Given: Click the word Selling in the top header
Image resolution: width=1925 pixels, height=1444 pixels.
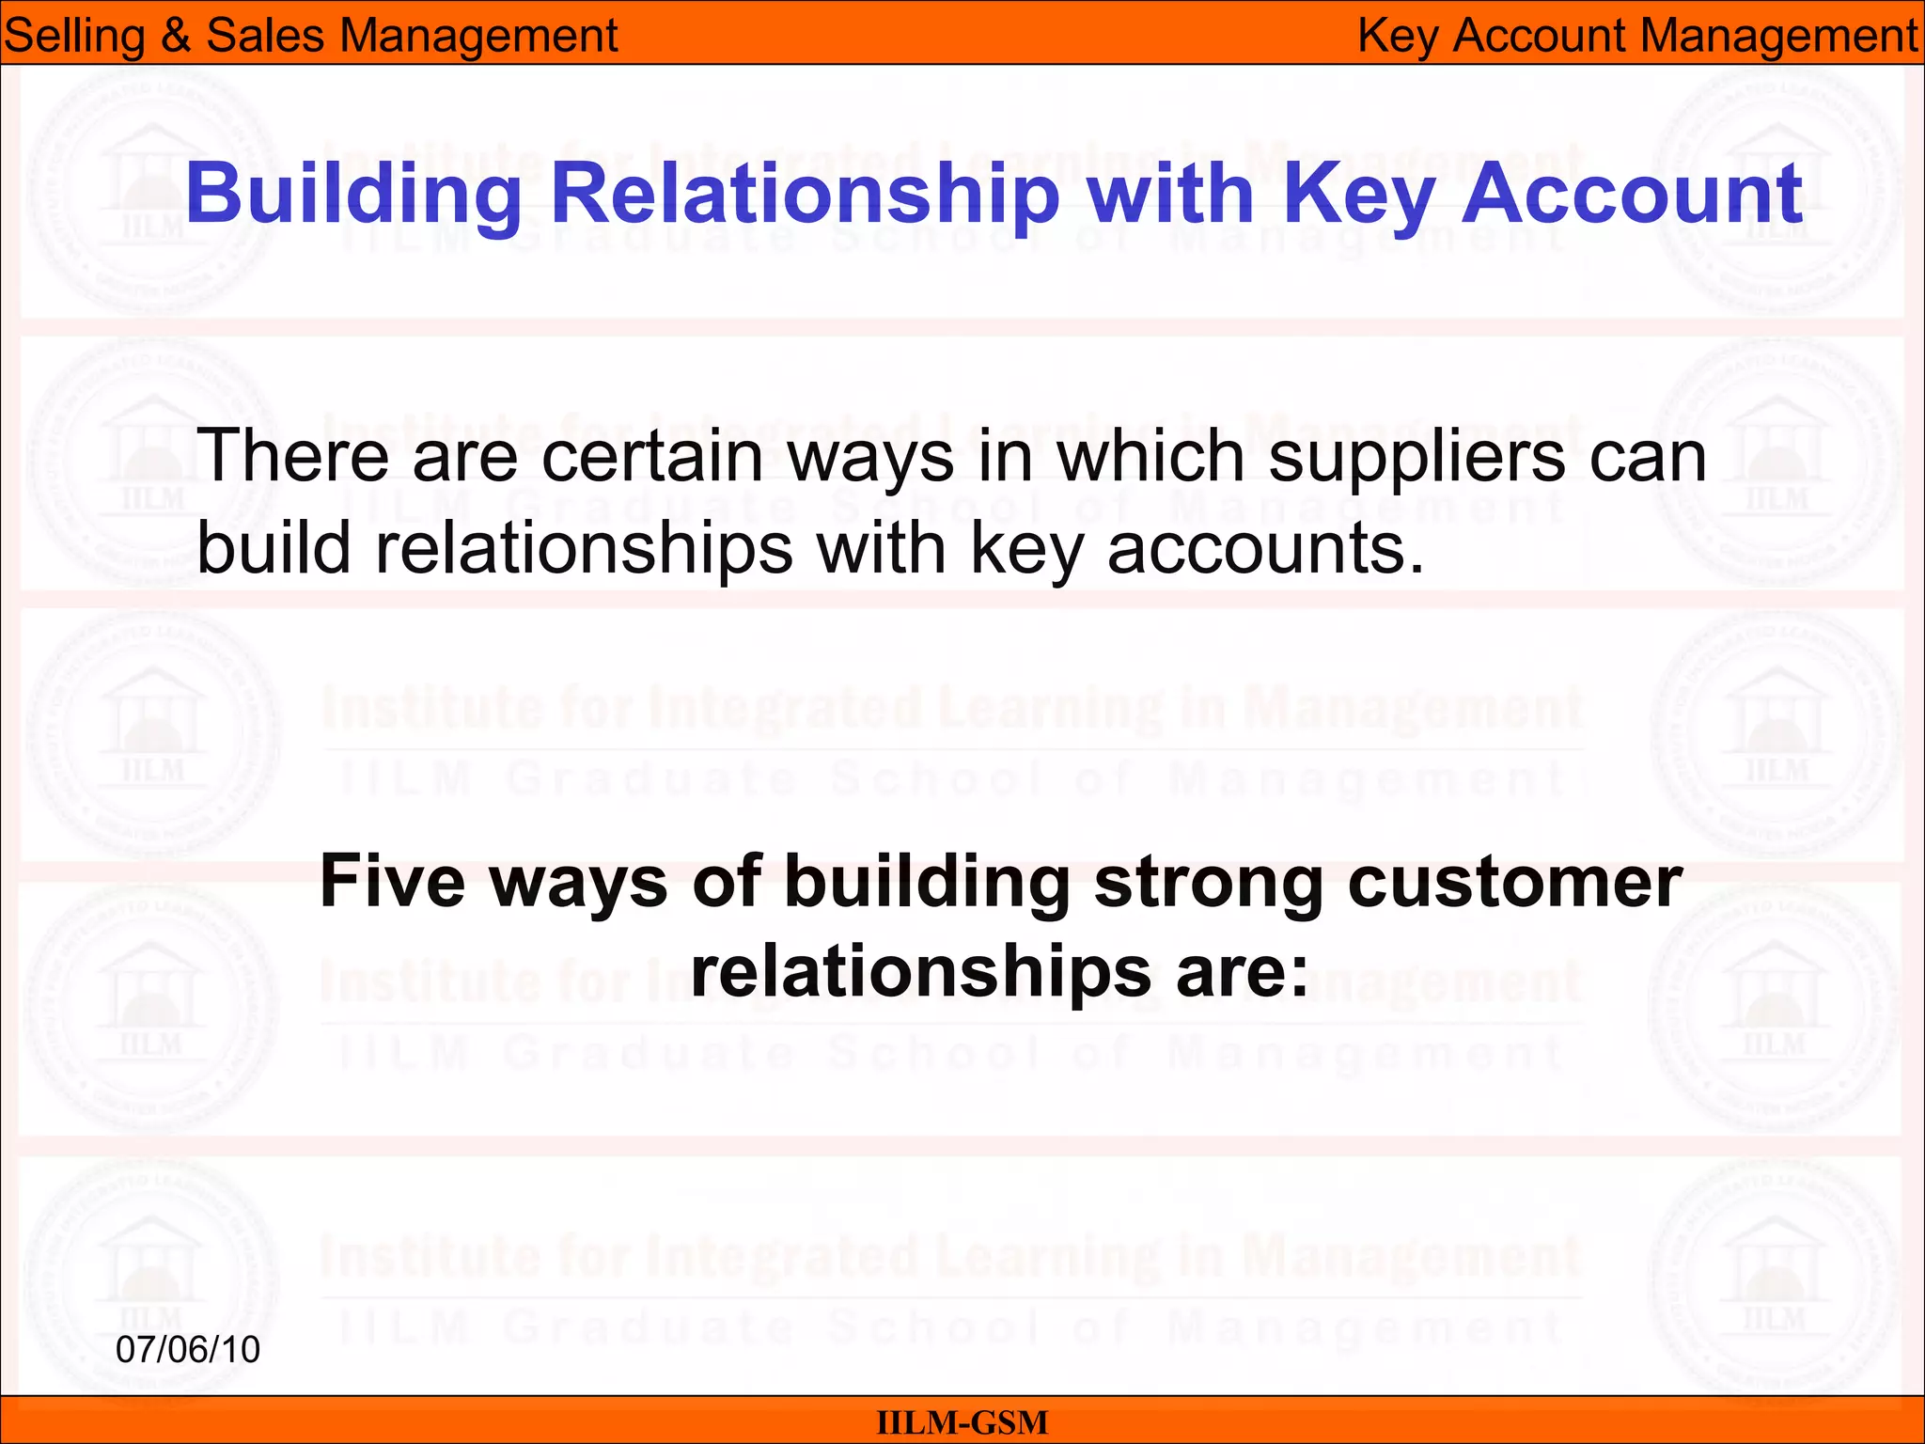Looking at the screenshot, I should (72, 37).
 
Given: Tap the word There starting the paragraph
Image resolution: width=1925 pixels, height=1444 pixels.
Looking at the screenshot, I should (291, 456).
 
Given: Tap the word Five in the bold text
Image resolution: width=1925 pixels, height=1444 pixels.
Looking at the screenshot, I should (392, 882).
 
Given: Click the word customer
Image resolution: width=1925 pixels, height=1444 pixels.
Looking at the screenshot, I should (1514, 882).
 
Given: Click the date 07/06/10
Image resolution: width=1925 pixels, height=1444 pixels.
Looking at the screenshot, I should (188, 1350).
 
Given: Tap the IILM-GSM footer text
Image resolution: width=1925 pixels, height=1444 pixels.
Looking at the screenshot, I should (962, 1422).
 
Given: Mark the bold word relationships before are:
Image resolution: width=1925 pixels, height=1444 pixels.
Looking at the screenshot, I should (921, 973).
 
